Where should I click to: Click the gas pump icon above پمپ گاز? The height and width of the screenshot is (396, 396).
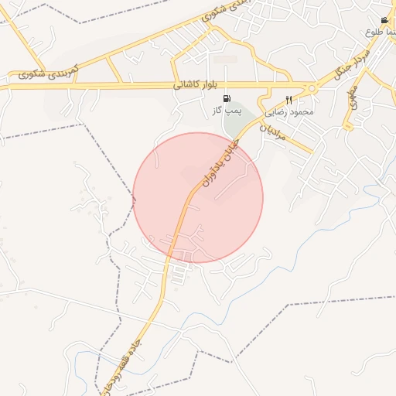tap(227, 98)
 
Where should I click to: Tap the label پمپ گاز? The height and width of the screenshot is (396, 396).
tap(227, 111)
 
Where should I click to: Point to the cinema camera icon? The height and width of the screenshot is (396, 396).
tap(384, 20)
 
